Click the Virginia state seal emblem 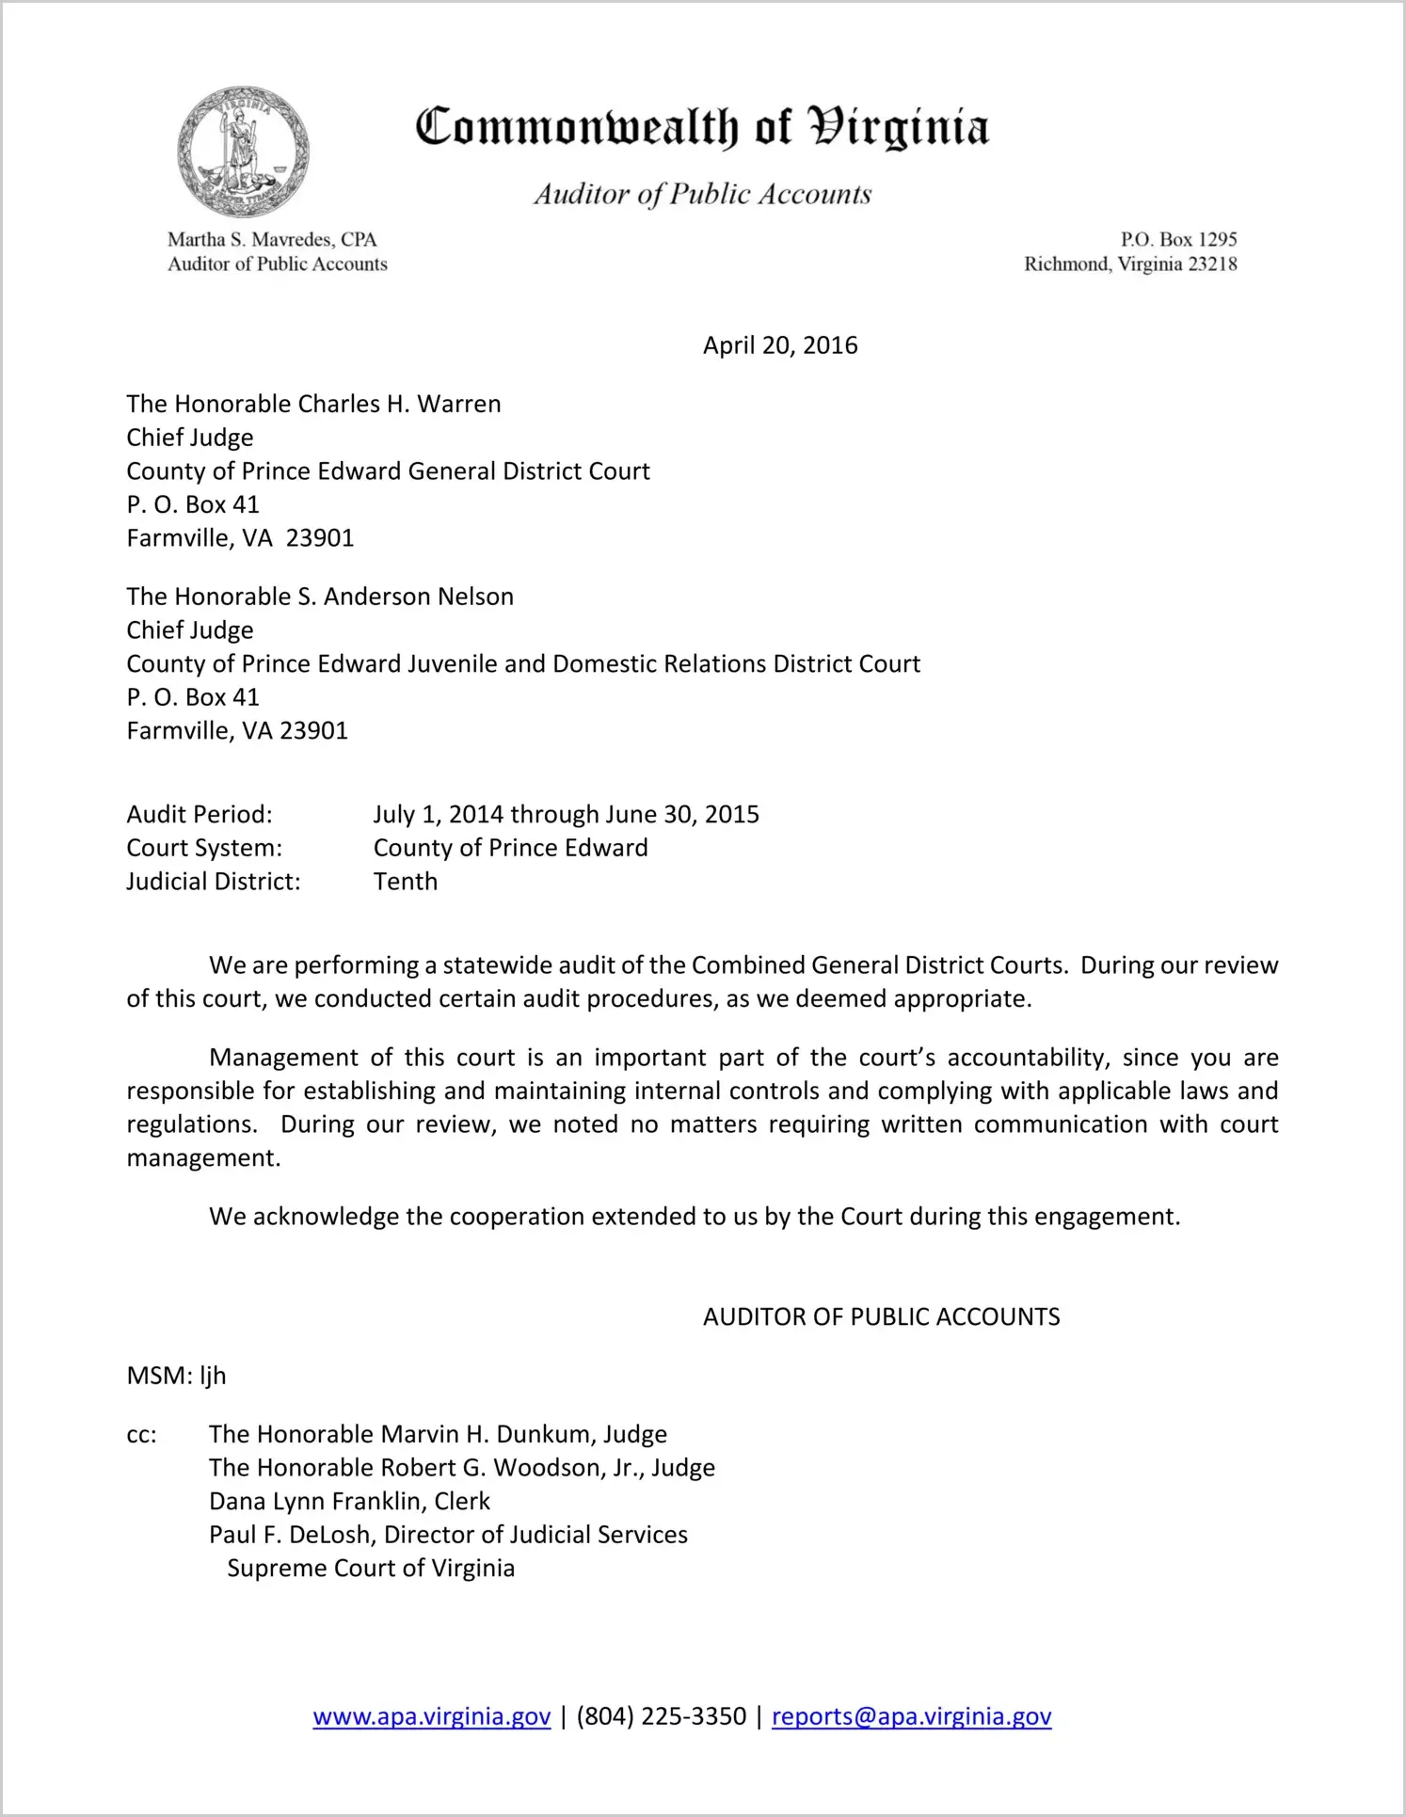243,151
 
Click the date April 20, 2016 779,345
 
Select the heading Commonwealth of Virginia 702,127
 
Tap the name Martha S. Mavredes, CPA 272,240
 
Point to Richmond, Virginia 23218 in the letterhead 1129,264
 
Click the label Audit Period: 200,814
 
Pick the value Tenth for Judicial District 406,882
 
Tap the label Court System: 204,848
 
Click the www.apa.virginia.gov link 431,1716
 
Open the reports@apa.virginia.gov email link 911,1716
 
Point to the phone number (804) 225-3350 661,1716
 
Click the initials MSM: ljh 176,1376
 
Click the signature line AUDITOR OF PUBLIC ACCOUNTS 881,1316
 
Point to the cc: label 141,1435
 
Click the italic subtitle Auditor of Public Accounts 702,194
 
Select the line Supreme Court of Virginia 371,1568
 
